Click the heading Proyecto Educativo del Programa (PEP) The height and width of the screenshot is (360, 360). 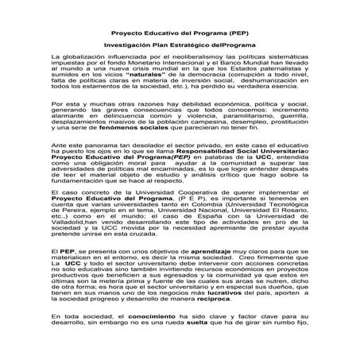coord(180,37)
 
